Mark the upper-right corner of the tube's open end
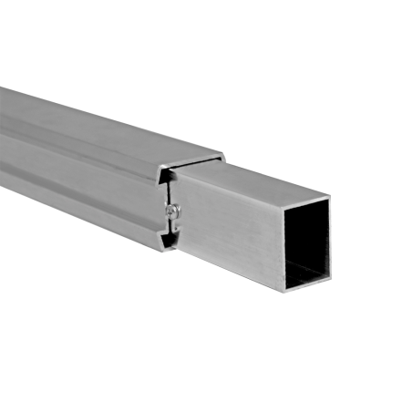point(329,194)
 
